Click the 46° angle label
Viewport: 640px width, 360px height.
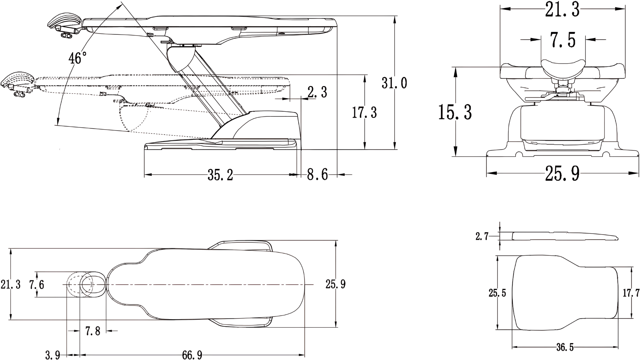tap(77, 58)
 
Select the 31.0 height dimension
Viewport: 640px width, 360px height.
tap(394, 83)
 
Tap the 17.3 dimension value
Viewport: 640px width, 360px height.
tap(364, 113)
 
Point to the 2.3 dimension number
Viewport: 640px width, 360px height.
tap(317, 92)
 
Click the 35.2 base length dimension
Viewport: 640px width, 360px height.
tap(220, 175)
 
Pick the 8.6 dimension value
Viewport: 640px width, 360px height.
tap(317, 175)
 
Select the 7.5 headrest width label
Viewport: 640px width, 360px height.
tap(563, 40)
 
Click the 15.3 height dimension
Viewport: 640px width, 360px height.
tap(455, 112)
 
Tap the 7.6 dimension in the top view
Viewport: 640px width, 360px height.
tap(37, 284)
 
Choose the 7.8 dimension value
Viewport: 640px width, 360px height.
tap(93, 331)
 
